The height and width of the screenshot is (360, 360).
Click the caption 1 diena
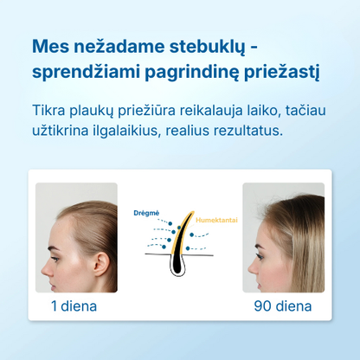[x=74, y=305]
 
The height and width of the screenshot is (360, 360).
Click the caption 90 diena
[x=282, y=305]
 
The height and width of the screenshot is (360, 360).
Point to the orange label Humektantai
[x=216, y=221]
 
